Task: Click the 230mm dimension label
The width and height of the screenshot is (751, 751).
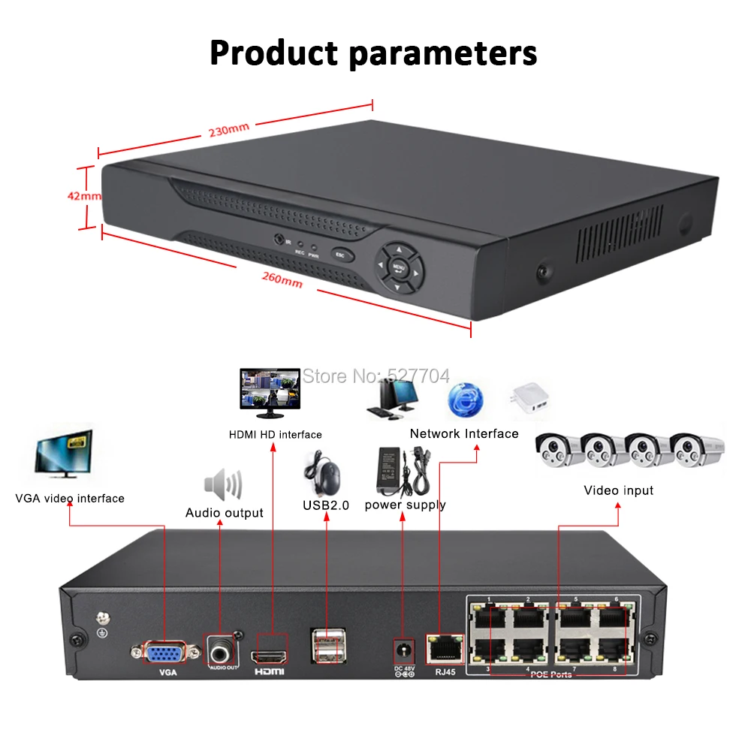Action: [229, 130]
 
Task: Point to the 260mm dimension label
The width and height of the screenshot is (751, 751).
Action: [282, 280]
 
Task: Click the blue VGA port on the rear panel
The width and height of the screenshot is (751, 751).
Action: [164, 651]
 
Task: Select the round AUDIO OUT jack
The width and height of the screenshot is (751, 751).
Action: [222, 648]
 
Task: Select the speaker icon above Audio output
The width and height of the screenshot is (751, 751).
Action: [224, 485]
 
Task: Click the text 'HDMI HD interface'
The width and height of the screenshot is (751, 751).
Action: [275, 435]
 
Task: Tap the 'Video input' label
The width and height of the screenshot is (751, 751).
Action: [619, 490]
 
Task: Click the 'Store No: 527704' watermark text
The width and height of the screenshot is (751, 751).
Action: [375, 375]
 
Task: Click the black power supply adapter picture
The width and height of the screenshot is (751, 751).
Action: [396, 469]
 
